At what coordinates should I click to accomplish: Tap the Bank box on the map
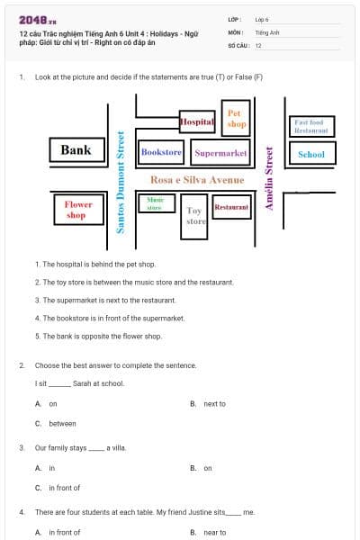click(x=76, y=150)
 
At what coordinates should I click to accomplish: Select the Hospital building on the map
click(x=197, y=121)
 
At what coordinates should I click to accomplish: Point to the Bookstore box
click(x=162, y=153)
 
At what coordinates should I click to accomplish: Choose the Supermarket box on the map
click(x=220, y=153)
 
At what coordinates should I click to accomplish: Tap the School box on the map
click(x=310, y=154)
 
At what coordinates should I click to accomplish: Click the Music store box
click(x=156, y=203)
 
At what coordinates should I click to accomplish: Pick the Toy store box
click(x=195, y=216)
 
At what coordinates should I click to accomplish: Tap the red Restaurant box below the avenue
click(x=231, y=208)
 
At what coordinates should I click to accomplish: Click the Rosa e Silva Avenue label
click(x=197, y=180)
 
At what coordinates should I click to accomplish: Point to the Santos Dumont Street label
click(x=121, y=183)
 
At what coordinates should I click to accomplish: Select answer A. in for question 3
click(x=51, y=468)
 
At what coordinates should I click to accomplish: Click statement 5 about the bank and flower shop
click(x=98, y=336)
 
